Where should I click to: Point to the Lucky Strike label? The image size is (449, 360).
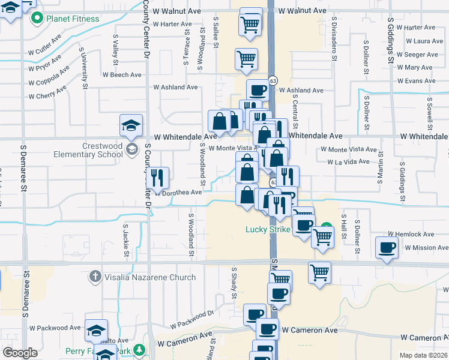pyautogui.click(x=268, y=229)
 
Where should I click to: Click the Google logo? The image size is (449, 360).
pyautogui.click(x=20, y=353)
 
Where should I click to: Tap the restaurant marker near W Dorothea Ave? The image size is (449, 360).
pyautogui.click(x=157, y=178)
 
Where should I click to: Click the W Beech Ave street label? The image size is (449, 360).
pyautogui.click(x=122, y=75)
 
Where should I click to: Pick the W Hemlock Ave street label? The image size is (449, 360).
pyautogui.click(x=411, y=234)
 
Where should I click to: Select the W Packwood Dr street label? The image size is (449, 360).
pyautogui.click(x=191, y=319)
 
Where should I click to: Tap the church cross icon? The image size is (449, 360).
pyautogui.click(x=95, y=277)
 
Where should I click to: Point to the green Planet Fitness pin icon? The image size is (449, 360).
pyautogui.click(x=37, y=19)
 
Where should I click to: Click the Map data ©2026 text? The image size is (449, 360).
pyautogui.click(x=423, y=355)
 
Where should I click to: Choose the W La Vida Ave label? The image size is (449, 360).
pyautogui.click(x=348, y=162)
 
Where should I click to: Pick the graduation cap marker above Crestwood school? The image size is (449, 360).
pyautogui.click(x=131, y=125)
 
